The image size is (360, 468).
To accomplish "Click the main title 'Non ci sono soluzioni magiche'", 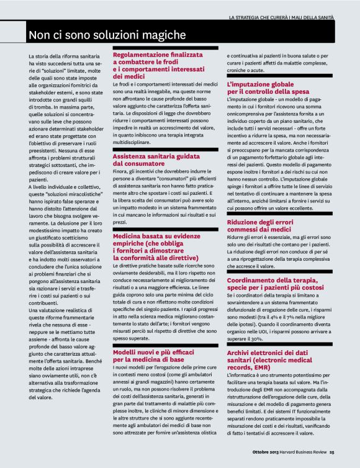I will pos(106,33).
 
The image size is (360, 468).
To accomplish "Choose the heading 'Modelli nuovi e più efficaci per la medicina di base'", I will pos(158,355).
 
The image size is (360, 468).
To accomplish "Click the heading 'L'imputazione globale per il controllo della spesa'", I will pos(273,87).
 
